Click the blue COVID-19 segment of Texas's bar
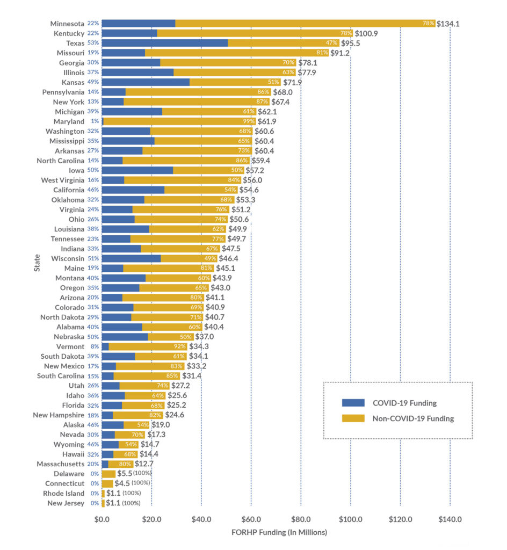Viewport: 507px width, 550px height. coord(164,43)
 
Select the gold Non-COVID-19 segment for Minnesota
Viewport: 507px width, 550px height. coord(305,23)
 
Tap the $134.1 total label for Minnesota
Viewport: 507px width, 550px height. coord(448,24)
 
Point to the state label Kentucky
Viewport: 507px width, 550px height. coord(68,33)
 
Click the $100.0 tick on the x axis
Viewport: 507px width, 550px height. coord(350,519)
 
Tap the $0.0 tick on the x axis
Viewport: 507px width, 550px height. coord(102,519)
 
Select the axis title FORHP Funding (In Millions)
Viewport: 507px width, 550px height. coord(279,532)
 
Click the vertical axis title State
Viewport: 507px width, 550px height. coord(37,263)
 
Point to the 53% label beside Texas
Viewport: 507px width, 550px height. coord(93,43)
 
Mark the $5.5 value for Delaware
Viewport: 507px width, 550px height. coord(124,474)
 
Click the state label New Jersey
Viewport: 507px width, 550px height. coord(66,503)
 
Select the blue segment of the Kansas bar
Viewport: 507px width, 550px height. coord(146,82)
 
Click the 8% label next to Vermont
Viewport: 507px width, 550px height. coord(95,346)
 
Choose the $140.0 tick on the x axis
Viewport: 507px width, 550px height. coord(450,519)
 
